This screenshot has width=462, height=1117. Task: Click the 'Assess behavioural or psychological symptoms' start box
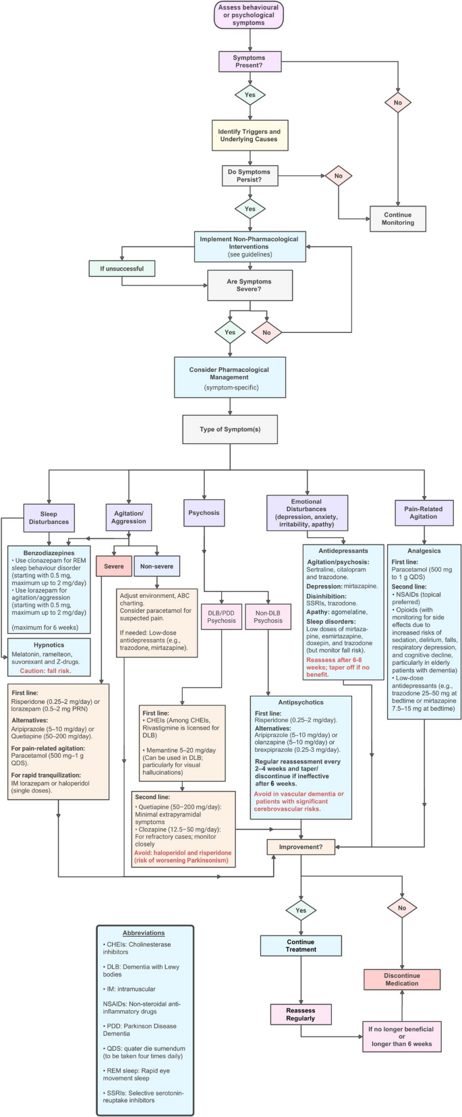tap(249, 16)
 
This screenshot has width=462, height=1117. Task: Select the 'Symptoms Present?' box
tap(250, 62)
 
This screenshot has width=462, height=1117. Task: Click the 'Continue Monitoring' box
tap(398, 219)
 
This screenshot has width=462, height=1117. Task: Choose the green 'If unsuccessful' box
tap(121, 269)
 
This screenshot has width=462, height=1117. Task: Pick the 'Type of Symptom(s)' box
tap(229, 429)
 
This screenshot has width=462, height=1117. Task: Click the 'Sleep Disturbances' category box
tap(49, 518)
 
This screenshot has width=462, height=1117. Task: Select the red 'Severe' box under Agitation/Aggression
tap(113, 566)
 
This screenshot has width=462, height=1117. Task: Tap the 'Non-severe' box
tap(156, 566)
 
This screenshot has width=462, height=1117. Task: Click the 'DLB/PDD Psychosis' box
tap(221, 616)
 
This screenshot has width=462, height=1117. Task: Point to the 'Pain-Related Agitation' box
tap(424, 512)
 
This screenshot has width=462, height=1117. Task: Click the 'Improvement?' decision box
tap(301, 847)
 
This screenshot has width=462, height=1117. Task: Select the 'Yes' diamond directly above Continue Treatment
tap(301, 910)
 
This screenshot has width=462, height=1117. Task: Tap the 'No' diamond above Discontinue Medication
tap(402, 908)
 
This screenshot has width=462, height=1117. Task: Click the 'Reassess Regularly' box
tap(301, 1014)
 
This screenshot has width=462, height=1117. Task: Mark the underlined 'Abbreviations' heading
tap(144, 933)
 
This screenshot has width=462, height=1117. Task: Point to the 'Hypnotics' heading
tap(49, 645)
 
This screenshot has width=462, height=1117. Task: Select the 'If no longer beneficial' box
tap(402, 1037)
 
